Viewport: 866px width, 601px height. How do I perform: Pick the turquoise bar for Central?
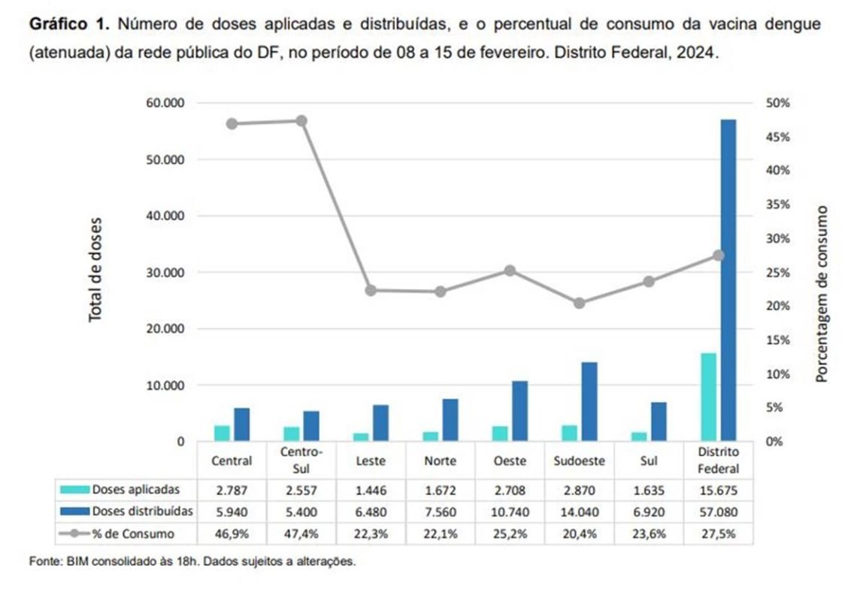pos(222,433)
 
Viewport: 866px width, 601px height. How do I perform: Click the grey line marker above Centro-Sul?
pos(301,121)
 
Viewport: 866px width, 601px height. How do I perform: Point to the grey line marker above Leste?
pos(370,290)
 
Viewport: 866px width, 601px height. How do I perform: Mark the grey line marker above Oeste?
pos(510,270)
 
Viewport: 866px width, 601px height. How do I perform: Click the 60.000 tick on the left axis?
pos(165,103)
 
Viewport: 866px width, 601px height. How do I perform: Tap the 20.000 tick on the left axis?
pos(165,329)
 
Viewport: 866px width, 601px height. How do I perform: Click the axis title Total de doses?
pos(95,270)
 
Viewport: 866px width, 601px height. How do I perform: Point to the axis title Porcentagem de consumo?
pos(822,293)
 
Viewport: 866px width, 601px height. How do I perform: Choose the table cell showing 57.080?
pos(718,512)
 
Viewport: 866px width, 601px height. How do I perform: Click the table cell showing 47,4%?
pos(301,534)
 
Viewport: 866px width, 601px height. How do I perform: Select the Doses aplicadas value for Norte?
pos(441,490)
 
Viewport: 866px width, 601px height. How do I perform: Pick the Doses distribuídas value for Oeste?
pos(510,512)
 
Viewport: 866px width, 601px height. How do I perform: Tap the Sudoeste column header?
pos(579,461)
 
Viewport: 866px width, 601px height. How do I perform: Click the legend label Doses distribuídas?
pos(142,512)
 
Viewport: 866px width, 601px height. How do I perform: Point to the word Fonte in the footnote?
pos(41,561)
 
